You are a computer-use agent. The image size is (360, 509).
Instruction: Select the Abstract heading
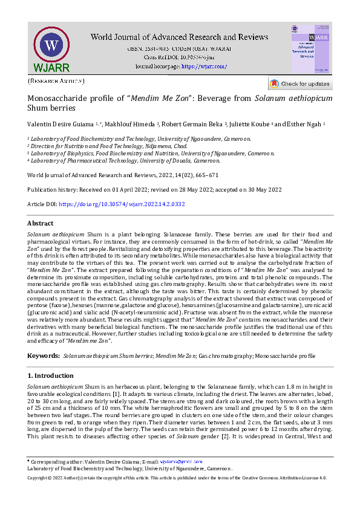pos(41,223)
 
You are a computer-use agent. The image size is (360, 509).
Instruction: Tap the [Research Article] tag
pos(56,81)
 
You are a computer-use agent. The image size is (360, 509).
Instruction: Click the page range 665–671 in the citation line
pos(205,175)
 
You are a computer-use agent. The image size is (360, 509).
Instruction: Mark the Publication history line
pos(154,190)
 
